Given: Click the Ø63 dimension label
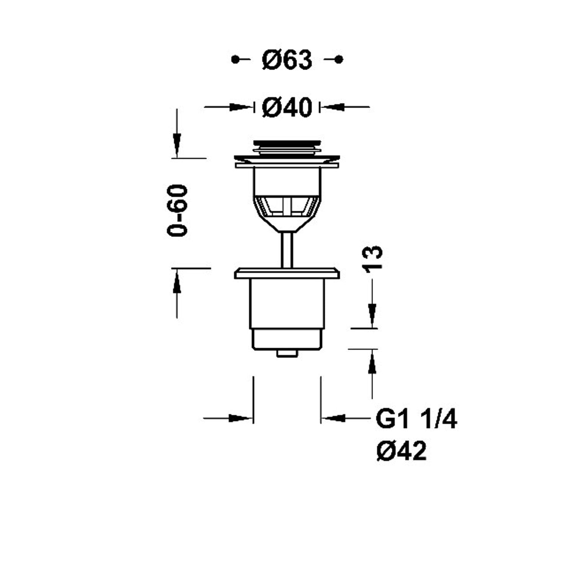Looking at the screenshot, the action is click(287, 60).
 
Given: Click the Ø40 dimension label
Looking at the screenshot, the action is click(287, 107).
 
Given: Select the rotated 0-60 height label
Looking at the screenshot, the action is click(178, 210).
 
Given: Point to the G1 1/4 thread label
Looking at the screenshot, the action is click(416, 419).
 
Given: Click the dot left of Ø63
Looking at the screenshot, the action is click(236, 59).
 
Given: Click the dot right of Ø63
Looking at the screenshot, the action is click(338, 59).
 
